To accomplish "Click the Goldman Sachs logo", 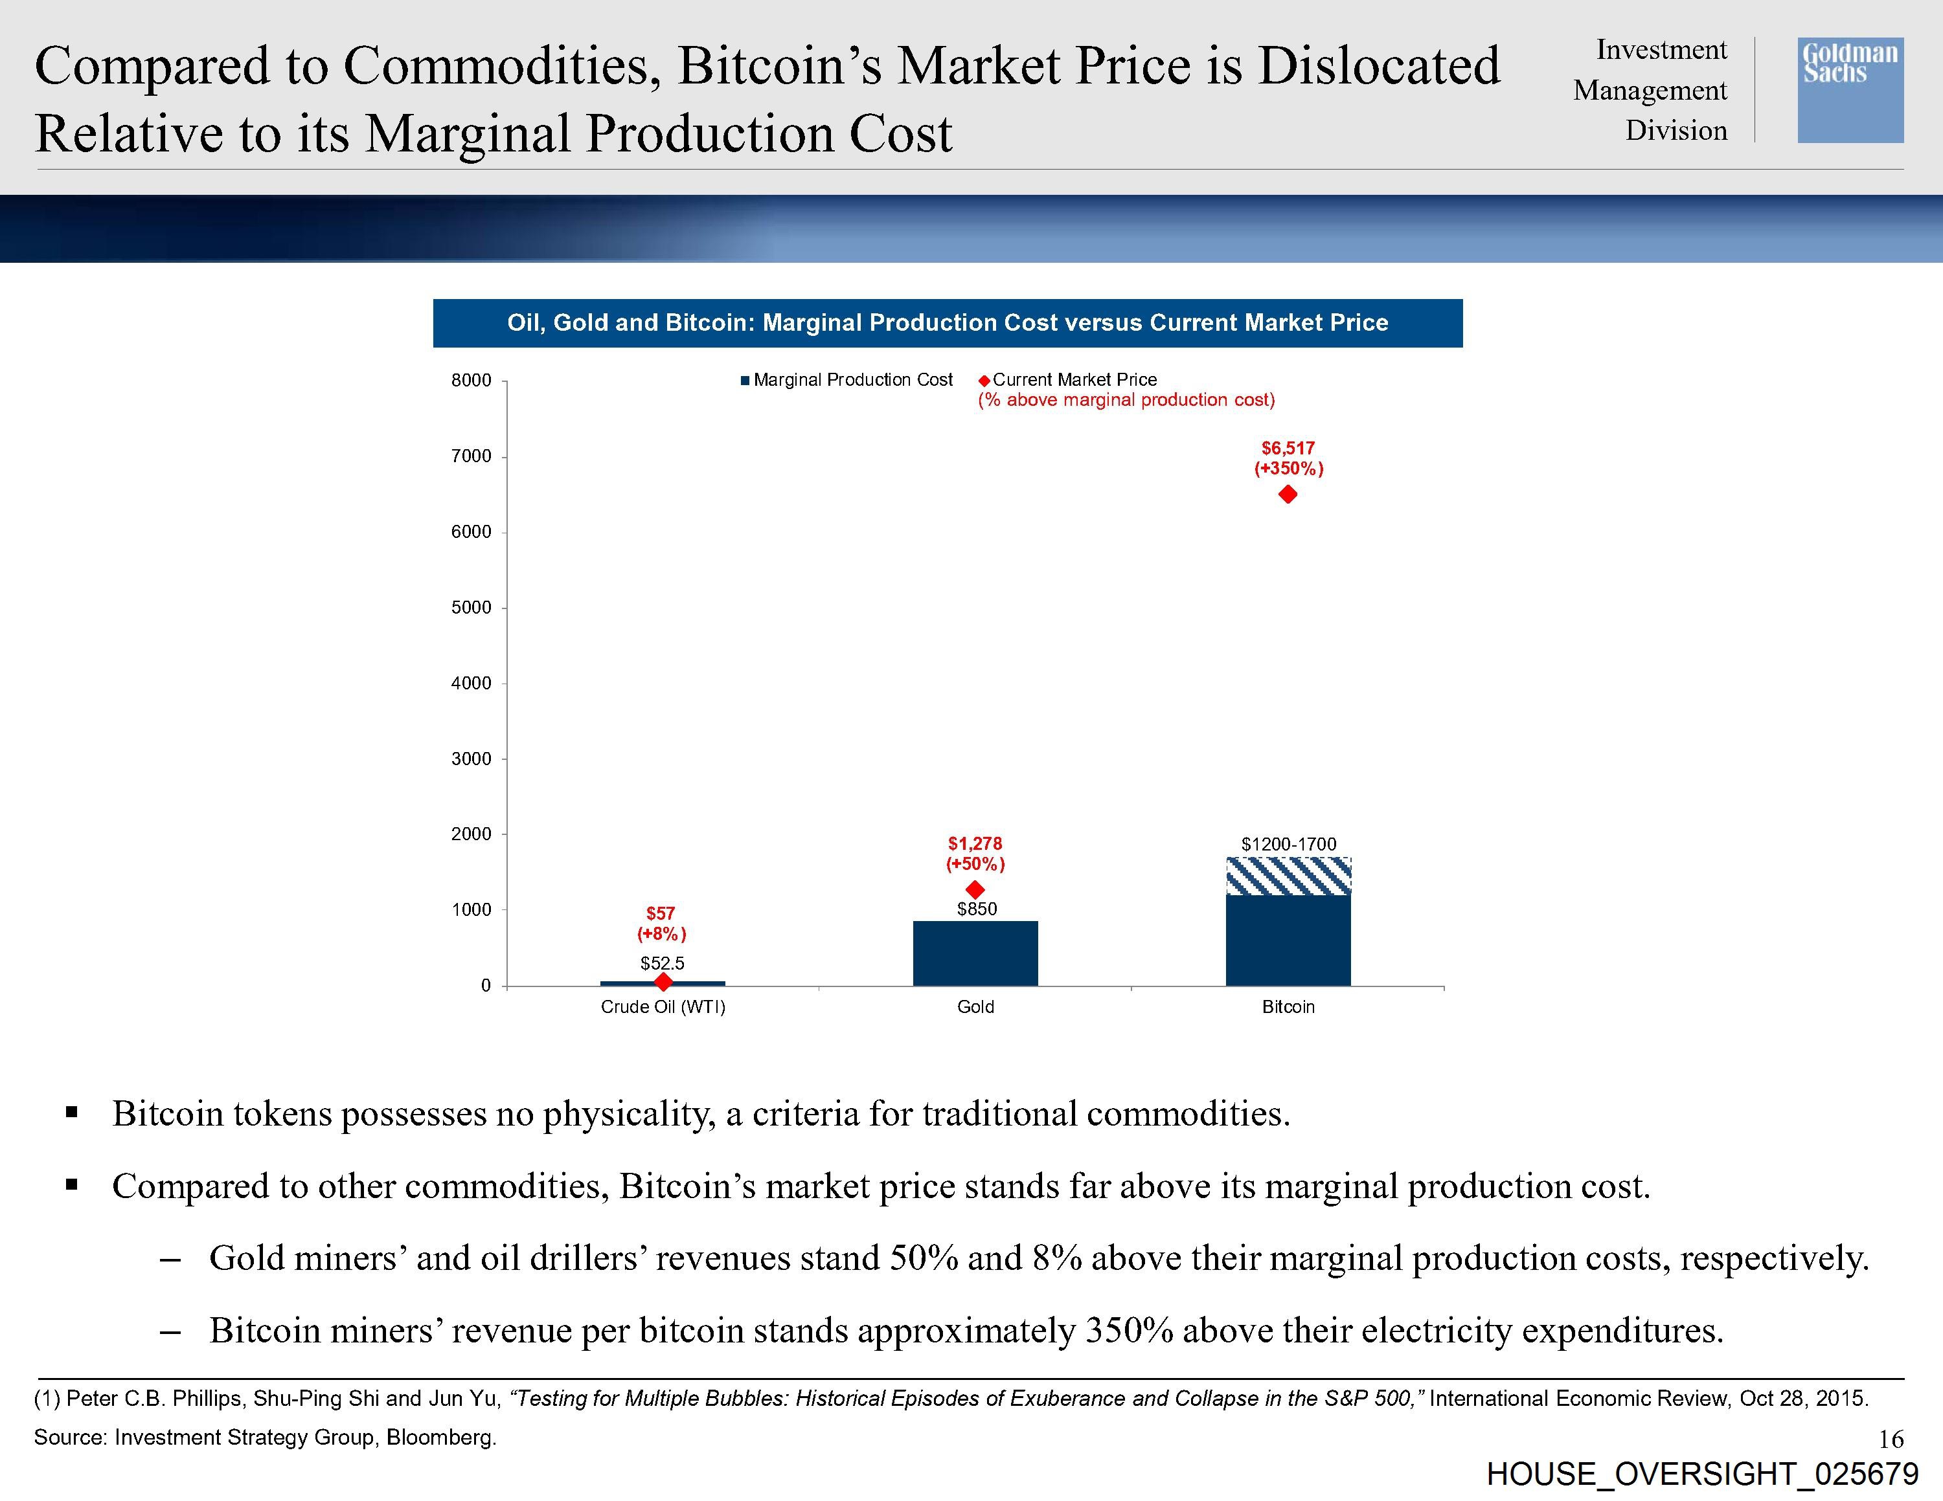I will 1850,90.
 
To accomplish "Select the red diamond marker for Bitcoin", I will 1288,495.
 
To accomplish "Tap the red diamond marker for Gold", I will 975,889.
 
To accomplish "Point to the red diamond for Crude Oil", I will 663,982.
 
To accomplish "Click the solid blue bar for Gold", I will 975,953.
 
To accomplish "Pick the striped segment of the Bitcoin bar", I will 1288,876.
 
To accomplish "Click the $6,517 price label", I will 1288,448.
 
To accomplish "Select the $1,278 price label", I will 975,843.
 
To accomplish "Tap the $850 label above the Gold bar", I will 977,909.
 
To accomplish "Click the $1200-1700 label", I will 1288,844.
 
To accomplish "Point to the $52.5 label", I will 663,963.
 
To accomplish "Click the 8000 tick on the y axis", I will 472,381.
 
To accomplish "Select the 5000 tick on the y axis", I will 472,607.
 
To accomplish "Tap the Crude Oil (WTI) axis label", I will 663,1006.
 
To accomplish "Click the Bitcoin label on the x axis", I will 1288,1006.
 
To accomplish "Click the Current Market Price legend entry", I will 1074,380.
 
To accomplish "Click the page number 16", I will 1891,1438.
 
